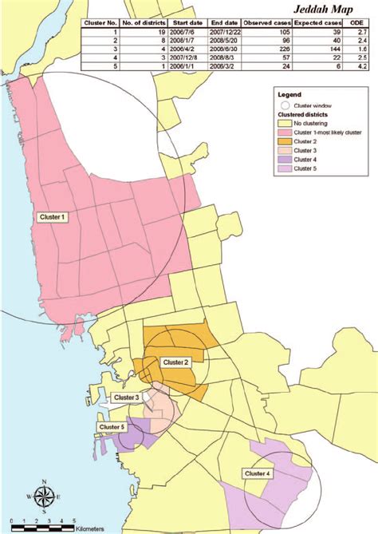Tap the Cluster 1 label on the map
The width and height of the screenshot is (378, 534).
(53, 216)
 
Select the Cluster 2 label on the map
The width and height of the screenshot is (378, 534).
(175, 362)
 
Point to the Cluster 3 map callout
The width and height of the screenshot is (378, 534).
(125, 398)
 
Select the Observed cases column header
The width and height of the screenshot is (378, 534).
(270, 24)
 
